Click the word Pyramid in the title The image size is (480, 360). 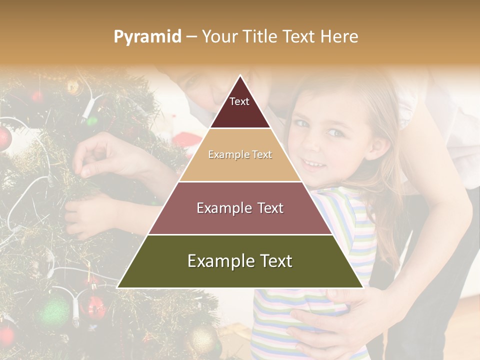pos(147,37)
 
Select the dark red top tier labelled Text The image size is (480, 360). pos(240,107)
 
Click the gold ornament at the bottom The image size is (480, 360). pos(202,340)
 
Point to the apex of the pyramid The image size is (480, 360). pos(240,76)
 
